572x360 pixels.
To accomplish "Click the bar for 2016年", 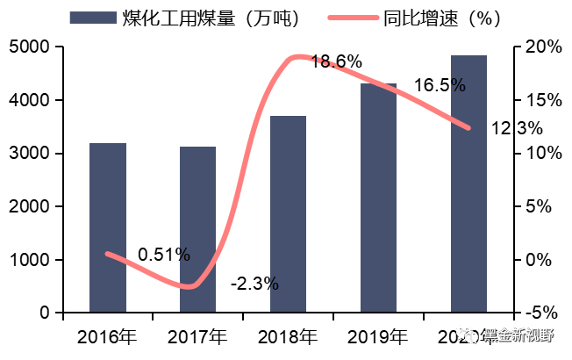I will pos(108,227).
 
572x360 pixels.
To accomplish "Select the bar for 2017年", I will pos(197,229).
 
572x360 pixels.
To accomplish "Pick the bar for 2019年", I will pos(378,198).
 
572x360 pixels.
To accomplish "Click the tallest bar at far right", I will pos(468,184).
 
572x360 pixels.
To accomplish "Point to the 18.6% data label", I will pos(336,61).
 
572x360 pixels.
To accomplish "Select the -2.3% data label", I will pos(254,284).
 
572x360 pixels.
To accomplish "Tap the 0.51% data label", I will pos(164,255).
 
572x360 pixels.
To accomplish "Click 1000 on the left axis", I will pos(30,260).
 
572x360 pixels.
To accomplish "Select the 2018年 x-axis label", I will pos(288,336).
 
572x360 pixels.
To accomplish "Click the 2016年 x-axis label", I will pos(107,336).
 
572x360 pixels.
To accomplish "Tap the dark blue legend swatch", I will pos(92,18).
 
